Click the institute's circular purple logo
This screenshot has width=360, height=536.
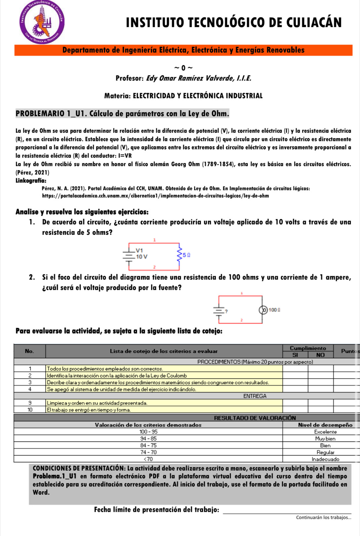pyautogui.click(x=42, y=22)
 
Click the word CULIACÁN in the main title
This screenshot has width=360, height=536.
pyautogui.click(x=314, y=22)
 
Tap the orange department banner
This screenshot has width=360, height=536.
pyautogui.click(x=183, y=50)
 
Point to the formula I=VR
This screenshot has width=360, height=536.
pyautogui.click(x=125, y=156)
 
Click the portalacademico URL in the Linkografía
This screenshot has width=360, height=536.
pyautogui.click(x=155, y=196)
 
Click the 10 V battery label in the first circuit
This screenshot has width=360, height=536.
pyautogui.click(x=142, y=257)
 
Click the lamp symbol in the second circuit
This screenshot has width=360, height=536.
pyautogui.click(x=263, y=310)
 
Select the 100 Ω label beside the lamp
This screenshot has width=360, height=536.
pyautogui.click(x=274, y=310)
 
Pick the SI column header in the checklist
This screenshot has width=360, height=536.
pyautogui.click(x=295, y=355)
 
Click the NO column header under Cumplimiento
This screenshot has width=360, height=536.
pyautogui.click(x=320, y=355)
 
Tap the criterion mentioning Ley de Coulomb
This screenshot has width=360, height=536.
pyautogui.click(x=117, y=375)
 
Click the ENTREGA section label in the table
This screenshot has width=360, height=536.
pyautogui.click(x=255, y=396)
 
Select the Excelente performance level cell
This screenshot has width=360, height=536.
pyautogui.click(x=325, y=432)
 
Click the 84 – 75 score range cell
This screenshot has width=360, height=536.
pyautogui.click(x=148, y=446)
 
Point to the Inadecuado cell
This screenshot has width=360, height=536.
pyautogui.click(x=325, y=459)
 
